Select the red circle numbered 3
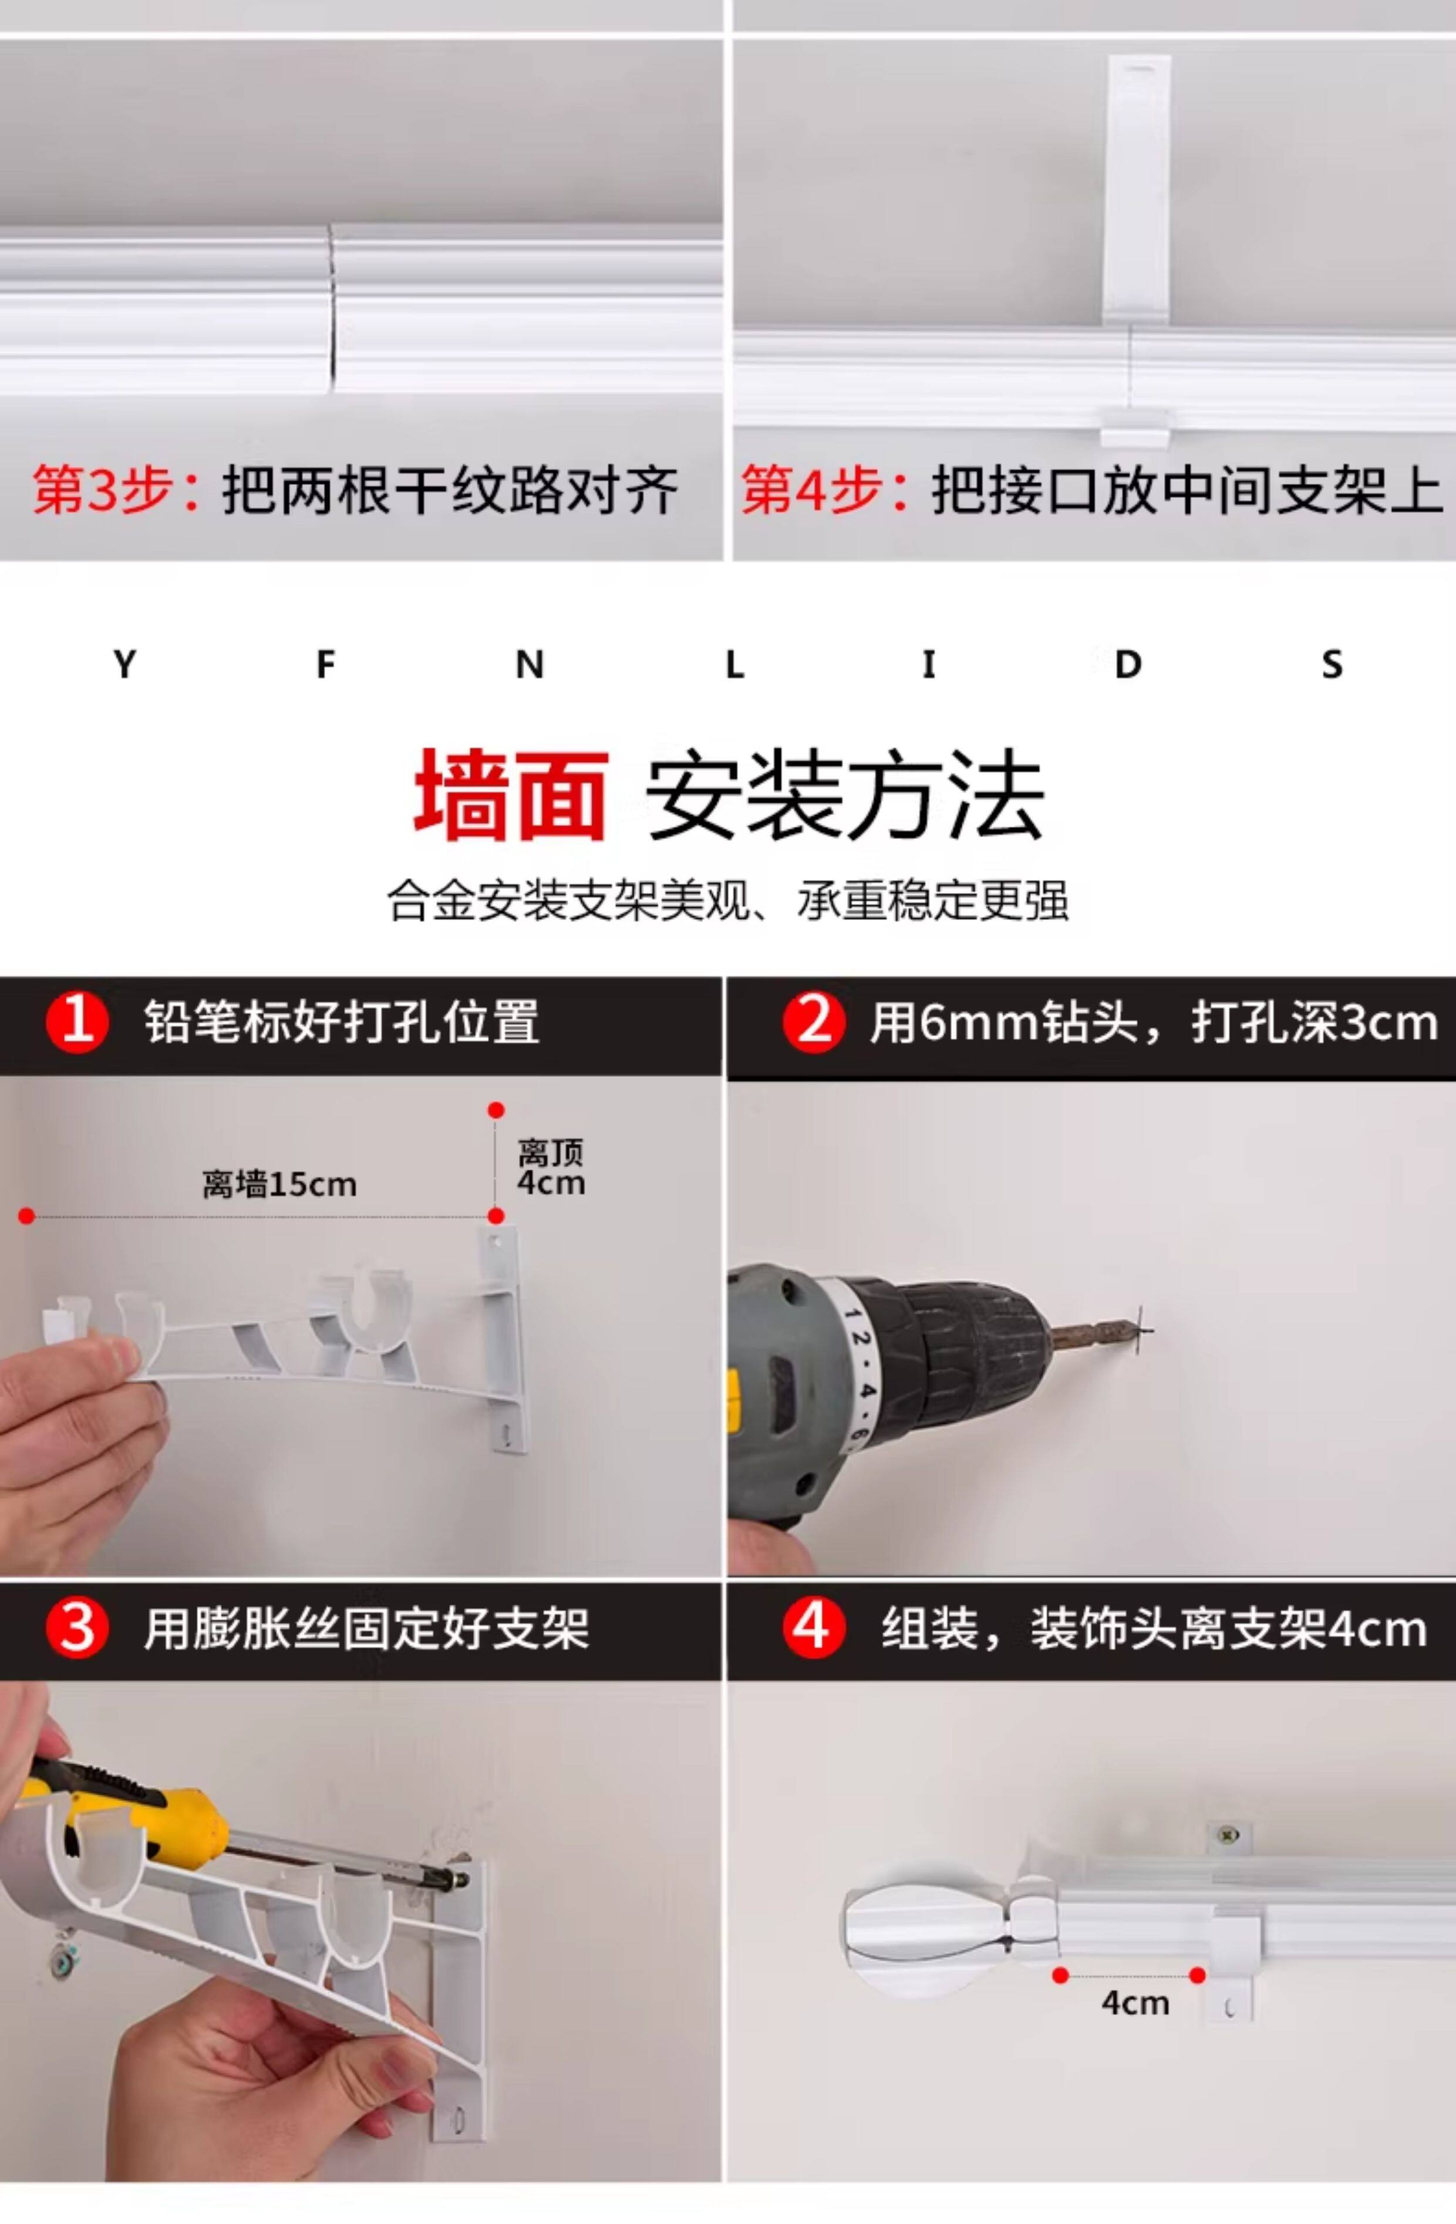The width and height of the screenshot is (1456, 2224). point(77,1629)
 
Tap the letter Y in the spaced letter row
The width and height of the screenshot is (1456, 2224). point(124,665)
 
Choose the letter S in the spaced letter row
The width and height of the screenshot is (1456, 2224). point(1332,665)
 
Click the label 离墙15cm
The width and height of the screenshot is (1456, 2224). point(279,1185)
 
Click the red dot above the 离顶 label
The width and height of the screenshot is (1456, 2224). point(496,1110)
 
